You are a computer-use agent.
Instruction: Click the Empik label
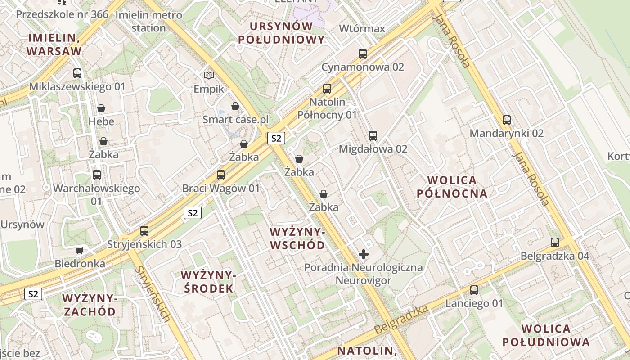coord(209,89)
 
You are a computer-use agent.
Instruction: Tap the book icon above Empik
coord(209,75)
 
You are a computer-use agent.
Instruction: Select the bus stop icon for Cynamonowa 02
coord(363,54)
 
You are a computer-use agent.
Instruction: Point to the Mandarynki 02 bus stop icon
coord(507,120)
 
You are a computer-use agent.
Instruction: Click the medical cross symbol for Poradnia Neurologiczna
coord(364,254)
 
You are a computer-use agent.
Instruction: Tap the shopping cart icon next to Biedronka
coord(80,250)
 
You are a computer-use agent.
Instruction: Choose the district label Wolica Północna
coord(452,187)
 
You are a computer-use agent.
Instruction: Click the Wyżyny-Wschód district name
coord(297,238)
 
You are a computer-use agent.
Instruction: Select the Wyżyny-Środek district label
coord(208,282)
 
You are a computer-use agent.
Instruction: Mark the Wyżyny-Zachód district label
coord(90,305)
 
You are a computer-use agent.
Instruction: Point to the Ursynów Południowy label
coord(281,33)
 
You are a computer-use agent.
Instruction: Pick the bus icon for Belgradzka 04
coord(555,243)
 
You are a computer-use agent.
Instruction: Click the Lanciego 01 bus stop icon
coord(474,290)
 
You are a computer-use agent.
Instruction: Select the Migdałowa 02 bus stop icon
coord(373,136)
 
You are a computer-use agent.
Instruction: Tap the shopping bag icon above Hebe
coord(101,108)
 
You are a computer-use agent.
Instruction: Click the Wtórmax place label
coord(362,29)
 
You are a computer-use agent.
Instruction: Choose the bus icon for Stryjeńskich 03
coord(144,231)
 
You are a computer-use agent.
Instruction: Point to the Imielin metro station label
coord(149,21)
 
